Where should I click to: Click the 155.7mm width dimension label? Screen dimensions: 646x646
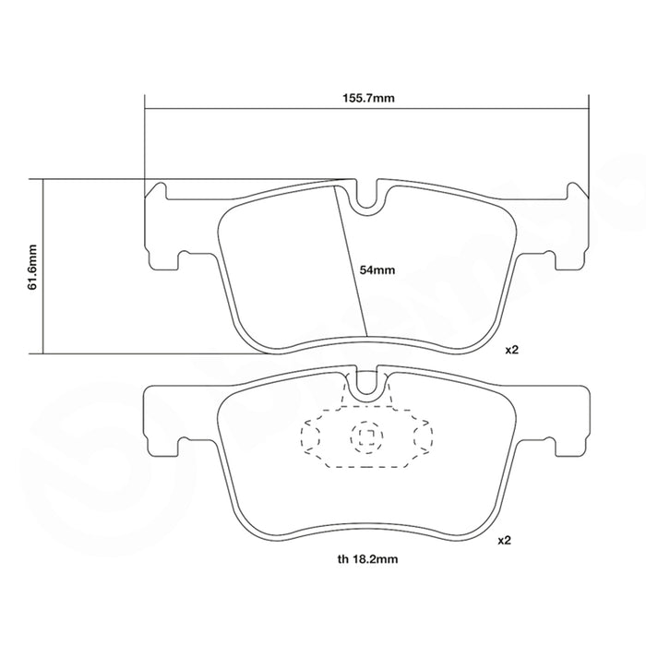(368, 98)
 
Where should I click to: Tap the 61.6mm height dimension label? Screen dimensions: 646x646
(32, 267)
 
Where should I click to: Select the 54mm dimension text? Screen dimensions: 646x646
(377, 269)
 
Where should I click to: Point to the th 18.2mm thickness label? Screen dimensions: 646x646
(367, 559)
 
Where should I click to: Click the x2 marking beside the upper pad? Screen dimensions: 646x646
(511, 350)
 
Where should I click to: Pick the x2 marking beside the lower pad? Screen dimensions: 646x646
(504, 540)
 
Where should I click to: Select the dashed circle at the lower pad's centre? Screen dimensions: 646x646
(366, 437)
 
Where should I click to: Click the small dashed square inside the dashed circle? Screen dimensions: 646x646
(366, 437)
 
